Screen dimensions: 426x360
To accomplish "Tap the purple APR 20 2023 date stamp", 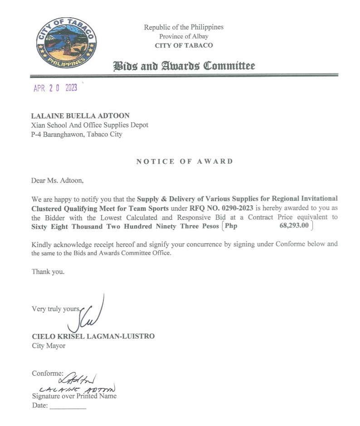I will click(55, 88).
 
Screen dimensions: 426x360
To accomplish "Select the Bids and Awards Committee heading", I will click(184, 66).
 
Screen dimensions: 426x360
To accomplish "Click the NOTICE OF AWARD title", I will click(185, 161).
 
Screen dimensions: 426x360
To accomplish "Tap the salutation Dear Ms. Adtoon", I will click(58, 181).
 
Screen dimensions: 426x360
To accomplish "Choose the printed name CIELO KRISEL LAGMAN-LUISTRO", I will click(93, 336).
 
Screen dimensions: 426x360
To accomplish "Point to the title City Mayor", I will click(49, 346).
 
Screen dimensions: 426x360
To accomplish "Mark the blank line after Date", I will click(68, 407).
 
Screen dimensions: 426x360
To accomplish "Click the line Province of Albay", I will click(184, 36).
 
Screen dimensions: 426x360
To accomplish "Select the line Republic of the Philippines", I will click(184, 27).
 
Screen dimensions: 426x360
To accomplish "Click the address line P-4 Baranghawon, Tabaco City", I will click(77, 134).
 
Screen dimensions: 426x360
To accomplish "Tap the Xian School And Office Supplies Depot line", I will click(89, 125).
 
